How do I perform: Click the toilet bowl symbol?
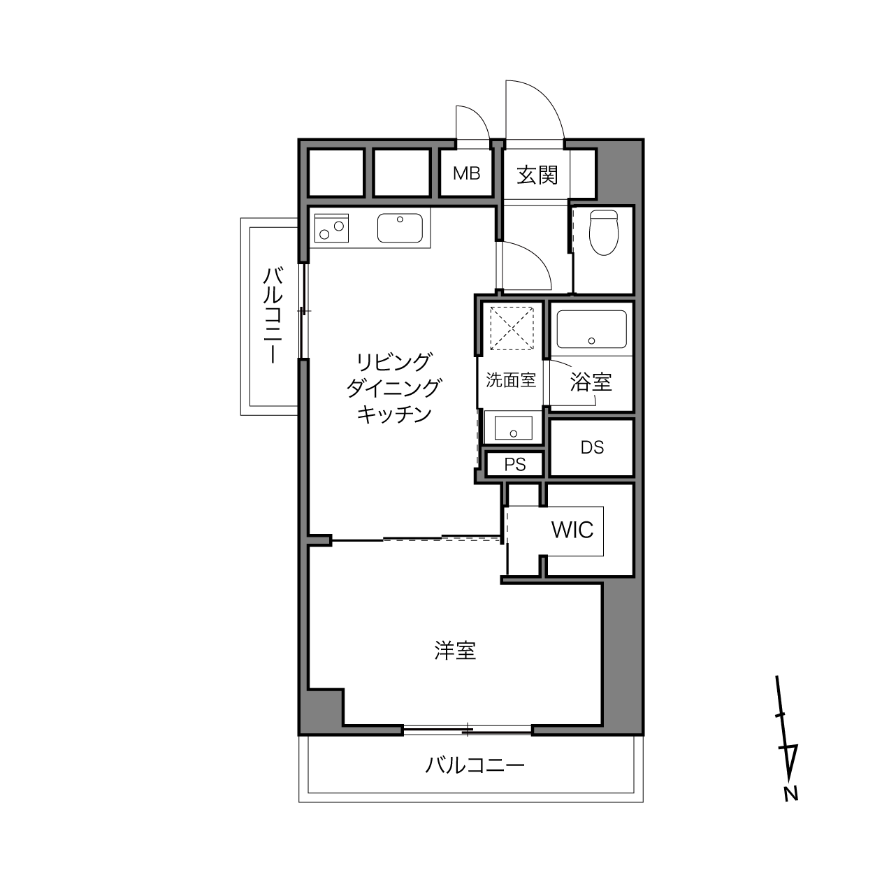click(604, 233)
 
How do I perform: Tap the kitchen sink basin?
click(400, 228)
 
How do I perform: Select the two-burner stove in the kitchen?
click(331, 228)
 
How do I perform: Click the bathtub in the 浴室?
click(592, 329)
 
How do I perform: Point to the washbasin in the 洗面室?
click(514, 428)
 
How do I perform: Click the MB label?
click(466, 173)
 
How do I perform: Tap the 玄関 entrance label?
click(537, 175)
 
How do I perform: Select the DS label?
click(592, 448)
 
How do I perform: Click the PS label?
click(515, 465)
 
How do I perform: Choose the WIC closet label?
click(572, 530)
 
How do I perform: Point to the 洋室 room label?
click(455, 651)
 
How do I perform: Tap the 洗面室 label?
click(511, 380)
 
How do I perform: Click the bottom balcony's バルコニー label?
click(475, 766)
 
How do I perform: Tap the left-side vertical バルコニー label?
click(273, 315)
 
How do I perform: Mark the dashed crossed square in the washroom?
click(512, 328)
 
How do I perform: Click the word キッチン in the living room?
click(394, 414)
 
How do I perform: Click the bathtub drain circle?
click(591, 340)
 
